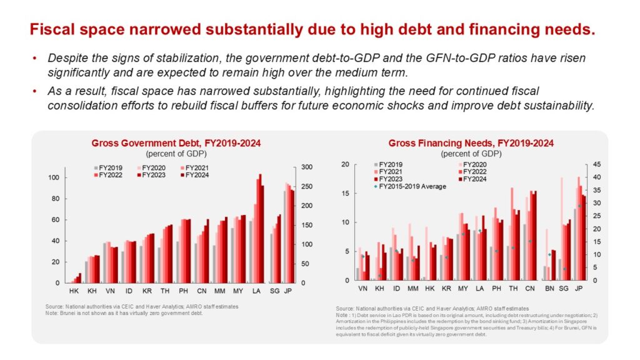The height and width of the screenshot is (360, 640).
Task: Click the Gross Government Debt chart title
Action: (176, 144)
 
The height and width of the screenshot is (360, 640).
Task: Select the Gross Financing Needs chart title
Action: (471, 143)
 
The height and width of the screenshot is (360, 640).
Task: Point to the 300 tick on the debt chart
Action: (307, 167)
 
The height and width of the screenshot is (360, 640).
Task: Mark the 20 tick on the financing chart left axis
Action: (344, 164)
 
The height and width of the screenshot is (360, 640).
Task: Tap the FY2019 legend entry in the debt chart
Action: (110, 167)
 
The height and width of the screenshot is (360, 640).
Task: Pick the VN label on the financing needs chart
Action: (362, 290)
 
